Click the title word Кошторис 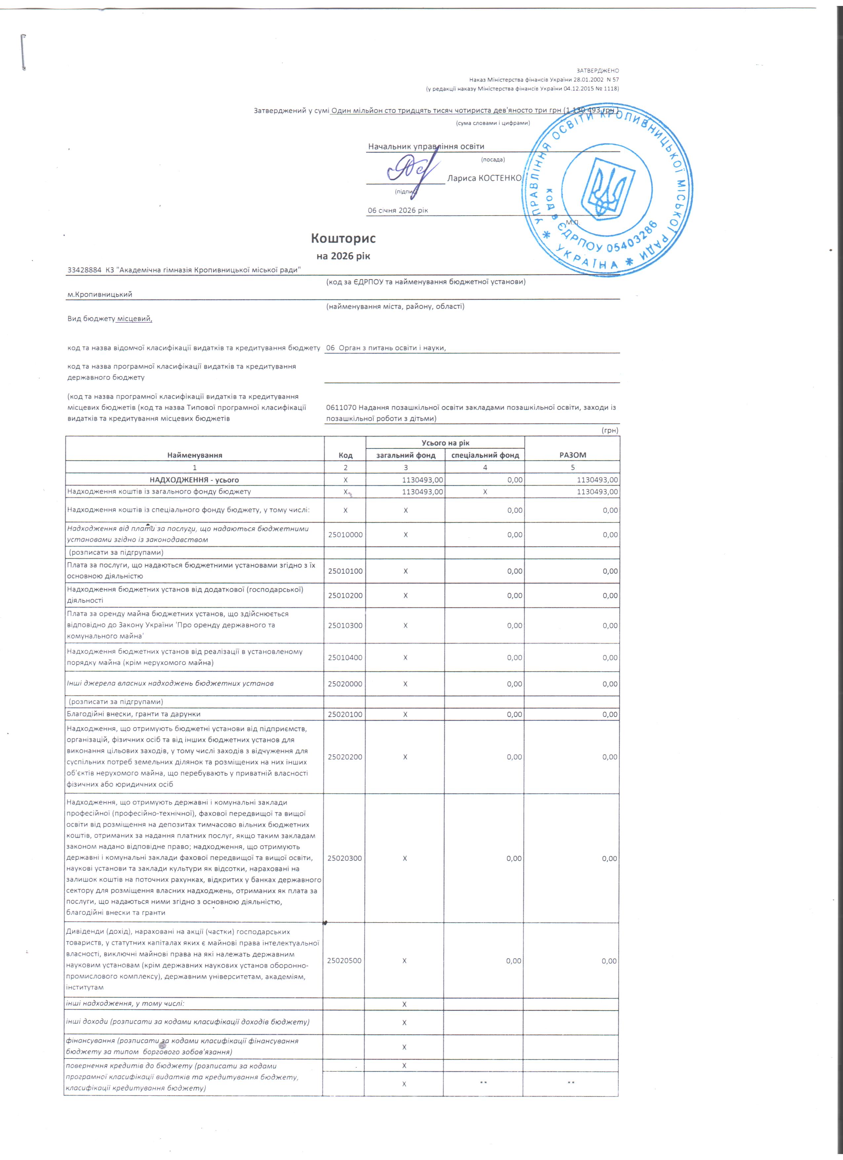[343, 238]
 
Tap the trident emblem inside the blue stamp [607, 188]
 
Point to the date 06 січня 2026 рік [398, 210]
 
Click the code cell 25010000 [345, 534]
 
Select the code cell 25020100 [345, 714]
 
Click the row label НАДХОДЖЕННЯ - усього [194, 480]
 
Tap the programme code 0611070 [341, 408]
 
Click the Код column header [345, 455]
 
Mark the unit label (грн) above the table [610, 431]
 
